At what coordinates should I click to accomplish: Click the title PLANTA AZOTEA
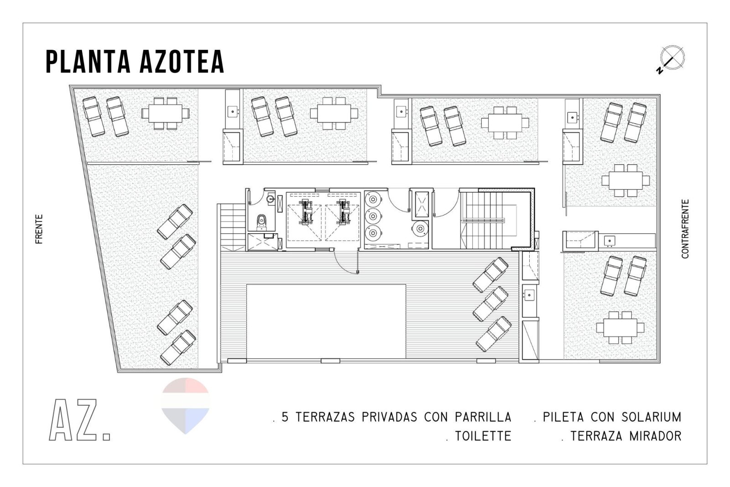click(x=135, y=61)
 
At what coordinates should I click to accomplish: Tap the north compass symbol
click(x=672, y=59)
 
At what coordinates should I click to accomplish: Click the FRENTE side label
click(x=39, y=229)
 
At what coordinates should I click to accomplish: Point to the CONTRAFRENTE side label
click(x=685, y=229)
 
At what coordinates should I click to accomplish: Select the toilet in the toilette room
click(x=261, y=222)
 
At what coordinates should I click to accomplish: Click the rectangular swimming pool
click(x=326, y=321)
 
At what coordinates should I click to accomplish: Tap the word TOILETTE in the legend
click(x=483, y=436)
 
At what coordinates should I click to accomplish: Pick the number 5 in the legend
click(x=285, y=417)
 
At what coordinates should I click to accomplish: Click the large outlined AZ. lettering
click(x=79, y=420)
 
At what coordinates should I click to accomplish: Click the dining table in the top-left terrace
click(x=165, y=113)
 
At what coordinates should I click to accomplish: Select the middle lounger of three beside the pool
click(x=490, y=304)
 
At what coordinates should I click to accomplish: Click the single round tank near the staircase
click(x=420, y=229)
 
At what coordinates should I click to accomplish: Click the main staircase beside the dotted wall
click(x=488, y=220)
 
